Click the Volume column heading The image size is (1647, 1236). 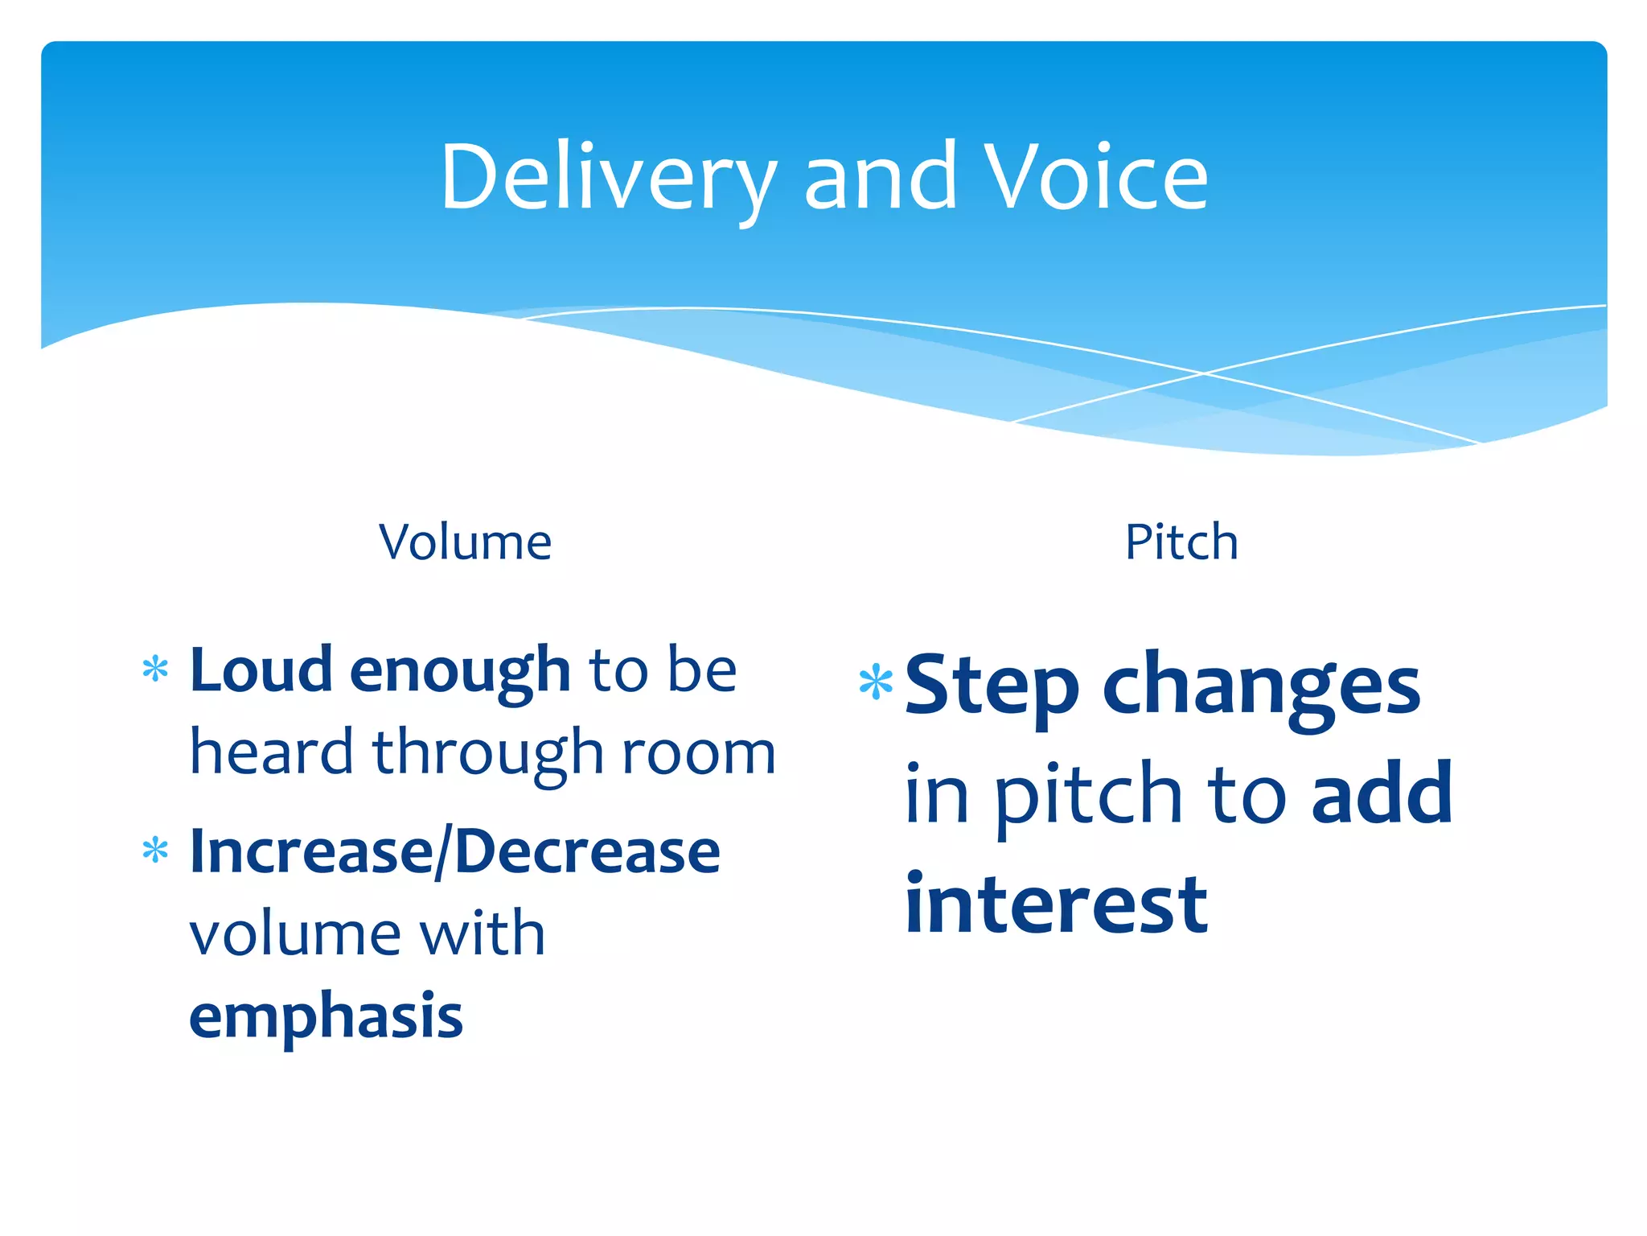[465, 542]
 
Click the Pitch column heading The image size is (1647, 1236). [1181, 542]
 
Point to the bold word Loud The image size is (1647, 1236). [261, 669]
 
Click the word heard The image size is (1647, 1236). [271, 752]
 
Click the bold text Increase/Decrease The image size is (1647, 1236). [454, 852]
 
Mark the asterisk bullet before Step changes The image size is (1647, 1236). [876, 682]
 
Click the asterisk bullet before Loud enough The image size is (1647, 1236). [155, 669]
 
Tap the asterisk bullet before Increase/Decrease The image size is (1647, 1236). [155, 851]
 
